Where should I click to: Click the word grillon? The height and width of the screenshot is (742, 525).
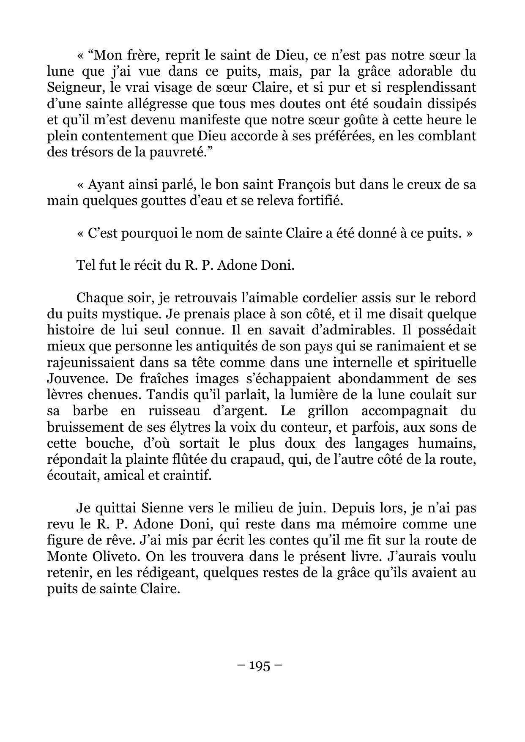point(322,411)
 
